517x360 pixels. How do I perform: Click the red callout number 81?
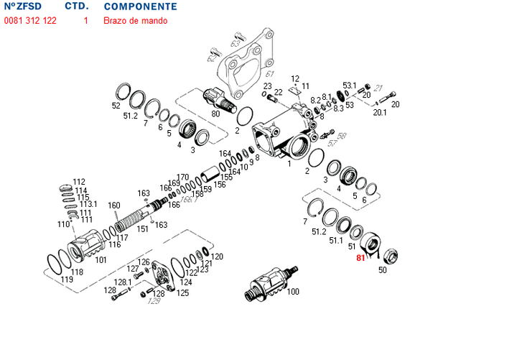tap(361, 257)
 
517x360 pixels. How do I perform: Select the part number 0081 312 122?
tap(30, 21)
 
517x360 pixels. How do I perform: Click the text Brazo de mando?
tap(136, 21)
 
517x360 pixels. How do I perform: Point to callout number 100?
tap(293, 292)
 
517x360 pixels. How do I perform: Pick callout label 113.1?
tap(88, 205)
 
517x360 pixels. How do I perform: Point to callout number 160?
tap(114, 206)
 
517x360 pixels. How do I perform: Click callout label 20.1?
tap(380, 112)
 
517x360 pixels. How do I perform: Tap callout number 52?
tap(116, 106)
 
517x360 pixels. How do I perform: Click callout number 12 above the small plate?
tap(295, 78)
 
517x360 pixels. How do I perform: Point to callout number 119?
tap(66, 280)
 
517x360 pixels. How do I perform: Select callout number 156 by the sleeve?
tap(220, 185)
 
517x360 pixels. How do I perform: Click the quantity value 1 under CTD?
tap(86, 21)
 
